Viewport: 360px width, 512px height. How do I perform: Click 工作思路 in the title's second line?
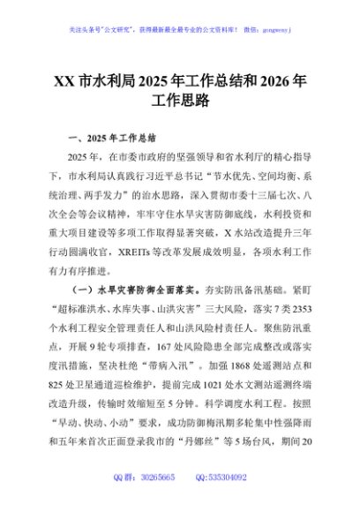tap(180, 102)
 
